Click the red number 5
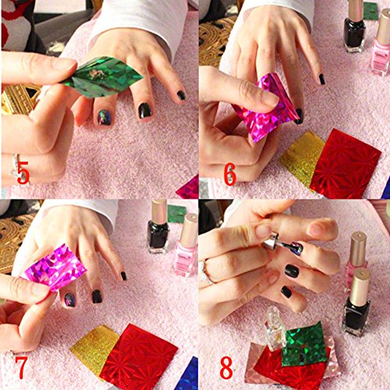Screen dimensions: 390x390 click(x=23, y=172)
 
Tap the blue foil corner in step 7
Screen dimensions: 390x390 click(x=188, y=375)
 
